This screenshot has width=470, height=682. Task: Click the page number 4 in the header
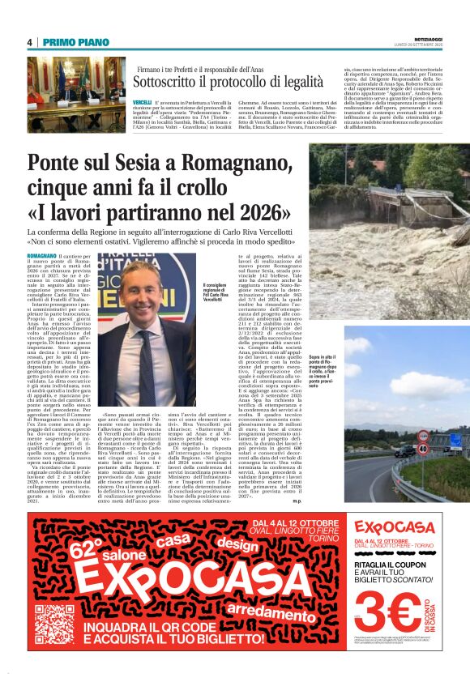[x=29, y=42]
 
